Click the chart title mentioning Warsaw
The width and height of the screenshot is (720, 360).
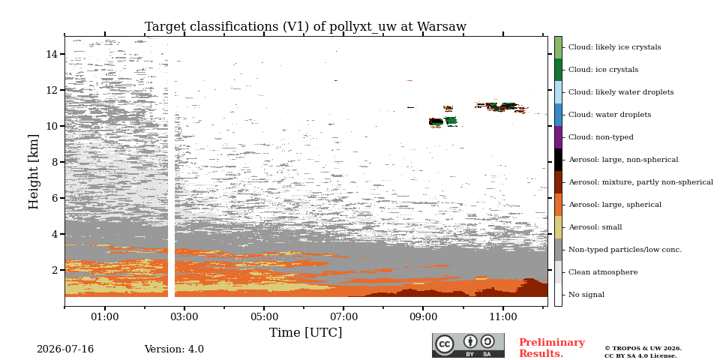coord(305,27)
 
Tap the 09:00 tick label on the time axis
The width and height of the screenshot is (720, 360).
coord(423,317)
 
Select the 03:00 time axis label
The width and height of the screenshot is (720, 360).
coord(184,317)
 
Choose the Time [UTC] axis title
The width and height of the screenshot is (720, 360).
coord(305,332)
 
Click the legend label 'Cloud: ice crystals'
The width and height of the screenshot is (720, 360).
coord(603,70)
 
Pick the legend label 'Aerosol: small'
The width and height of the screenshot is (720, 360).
coord(595,227)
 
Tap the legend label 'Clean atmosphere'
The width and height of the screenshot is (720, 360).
coord(603,272)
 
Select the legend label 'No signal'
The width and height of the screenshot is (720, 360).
coord(586,295)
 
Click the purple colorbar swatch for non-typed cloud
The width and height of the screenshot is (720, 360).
coord(558,137)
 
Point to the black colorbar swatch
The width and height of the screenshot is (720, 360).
coord(558,160)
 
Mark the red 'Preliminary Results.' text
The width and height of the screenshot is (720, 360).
coord(552,348)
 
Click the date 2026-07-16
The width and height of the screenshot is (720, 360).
coord(65,349)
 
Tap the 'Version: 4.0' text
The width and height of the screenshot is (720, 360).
coord(174,349)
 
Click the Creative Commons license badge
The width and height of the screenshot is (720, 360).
coord(468,345)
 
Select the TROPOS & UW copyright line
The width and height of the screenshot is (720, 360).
coord(643,349)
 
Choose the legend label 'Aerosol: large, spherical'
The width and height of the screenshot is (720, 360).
coord(615,205)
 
